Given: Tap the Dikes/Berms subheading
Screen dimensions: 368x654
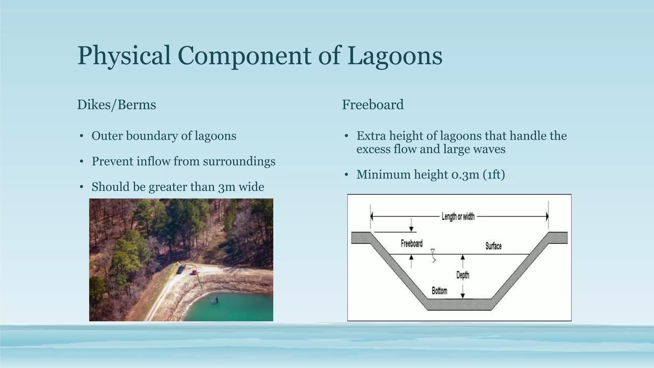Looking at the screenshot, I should point(117,105).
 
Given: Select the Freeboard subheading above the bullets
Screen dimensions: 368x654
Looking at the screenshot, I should point(373,105).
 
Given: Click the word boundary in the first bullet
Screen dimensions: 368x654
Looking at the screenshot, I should point(152,136).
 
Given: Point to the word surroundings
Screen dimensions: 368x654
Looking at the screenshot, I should point(239,161).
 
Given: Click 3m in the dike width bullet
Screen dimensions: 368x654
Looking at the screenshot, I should point(227,187).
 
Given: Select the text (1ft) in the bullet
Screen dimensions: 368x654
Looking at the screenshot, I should point(494,175).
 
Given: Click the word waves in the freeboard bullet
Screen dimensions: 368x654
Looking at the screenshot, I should point(491,149).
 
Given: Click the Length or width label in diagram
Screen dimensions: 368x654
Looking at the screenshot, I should point(458,217).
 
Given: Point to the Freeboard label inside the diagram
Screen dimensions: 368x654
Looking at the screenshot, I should point(412,244).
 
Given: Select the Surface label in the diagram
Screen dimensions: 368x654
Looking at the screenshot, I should point(493,246).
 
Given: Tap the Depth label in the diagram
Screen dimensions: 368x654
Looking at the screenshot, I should point(462,275).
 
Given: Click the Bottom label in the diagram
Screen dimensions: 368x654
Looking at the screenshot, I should point(439,291).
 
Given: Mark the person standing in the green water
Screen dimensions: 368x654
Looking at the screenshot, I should point(216,299).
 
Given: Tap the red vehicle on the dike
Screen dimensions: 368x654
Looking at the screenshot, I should point(193,272).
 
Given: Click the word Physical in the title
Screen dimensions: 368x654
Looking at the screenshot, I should point(124,56).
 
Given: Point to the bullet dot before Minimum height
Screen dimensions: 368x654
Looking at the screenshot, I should point(346,175).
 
